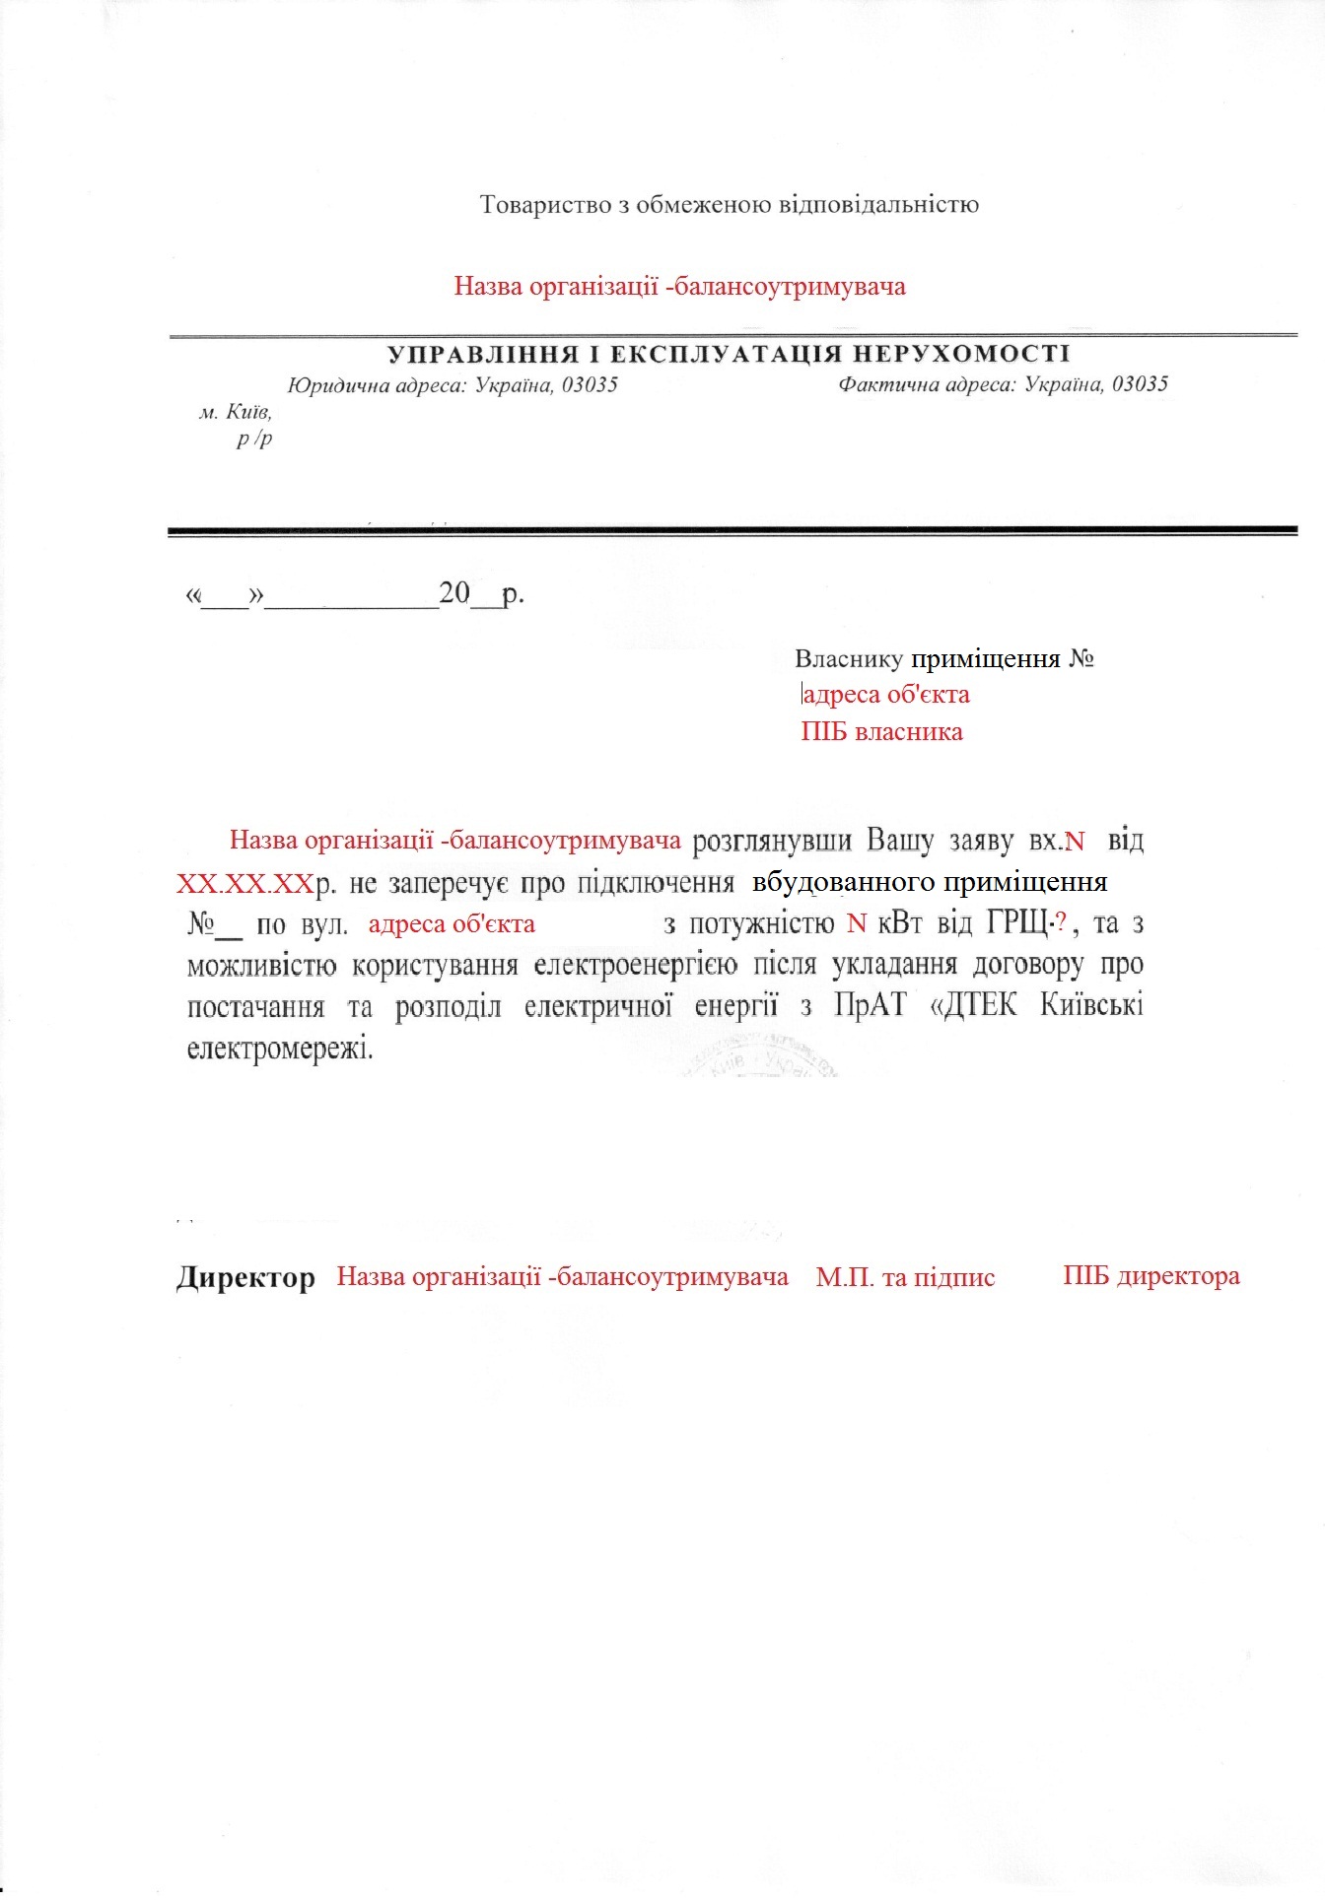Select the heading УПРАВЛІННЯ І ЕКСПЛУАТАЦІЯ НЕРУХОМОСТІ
pos(728,355)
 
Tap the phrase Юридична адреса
pos(377,385)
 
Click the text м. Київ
pos(236,412)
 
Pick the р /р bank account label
pos(254,440)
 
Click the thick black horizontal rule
pos(732,531)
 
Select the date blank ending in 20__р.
pos(355,594)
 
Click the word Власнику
pos(849,659)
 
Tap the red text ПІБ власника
pos(881,732)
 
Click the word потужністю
pos(762,924)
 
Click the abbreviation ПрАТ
pos(869,1006)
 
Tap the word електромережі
pos(280,1048)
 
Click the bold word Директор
pos(245,1278)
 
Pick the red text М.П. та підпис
pos(905,1278)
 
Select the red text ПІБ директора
pos(1151,1276)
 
